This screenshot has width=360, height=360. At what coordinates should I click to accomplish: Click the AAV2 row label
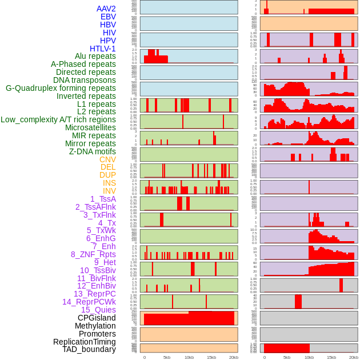[106, 9]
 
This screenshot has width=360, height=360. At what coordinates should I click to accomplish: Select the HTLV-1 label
[102, 49]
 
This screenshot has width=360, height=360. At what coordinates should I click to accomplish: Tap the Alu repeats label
[95, 57]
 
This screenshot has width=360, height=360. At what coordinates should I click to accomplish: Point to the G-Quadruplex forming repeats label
[61, 89]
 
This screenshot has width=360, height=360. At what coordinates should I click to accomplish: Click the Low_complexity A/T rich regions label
[58, 120]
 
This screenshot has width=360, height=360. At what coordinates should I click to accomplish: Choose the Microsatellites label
[90, 128]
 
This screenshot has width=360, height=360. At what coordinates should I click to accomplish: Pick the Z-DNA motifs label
[92, 151]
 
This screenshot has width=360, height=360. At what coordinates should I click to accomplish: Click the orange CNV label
[107, 159]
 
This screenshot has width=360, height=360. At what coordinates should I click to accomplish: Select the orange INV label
[109, 191]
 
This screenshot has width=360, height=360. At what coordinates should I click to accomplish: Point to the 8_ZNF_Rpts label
[93, 254]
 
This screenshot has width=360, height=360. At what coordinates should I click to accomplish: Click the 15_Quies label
[98, 310]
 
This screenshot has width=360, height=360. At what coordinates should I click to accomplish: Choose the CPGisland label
[97, 318]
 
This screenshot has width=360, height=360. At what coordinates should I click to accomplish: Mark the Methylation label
[95, 326]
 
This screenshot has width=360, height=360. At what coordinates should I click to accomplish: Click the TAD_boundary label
[89, 349]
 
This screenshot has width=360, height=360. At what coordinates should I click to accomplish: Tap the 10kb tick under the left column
[189, 357]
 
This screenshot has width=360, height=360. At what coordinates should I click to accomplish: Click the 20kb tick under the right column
[354, 357]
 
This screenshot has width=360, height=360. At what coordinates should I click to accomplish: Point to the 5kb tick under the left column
[166, 357]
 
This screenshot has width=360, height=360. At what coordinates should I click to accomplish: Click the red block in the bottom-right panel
[286, 348]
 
